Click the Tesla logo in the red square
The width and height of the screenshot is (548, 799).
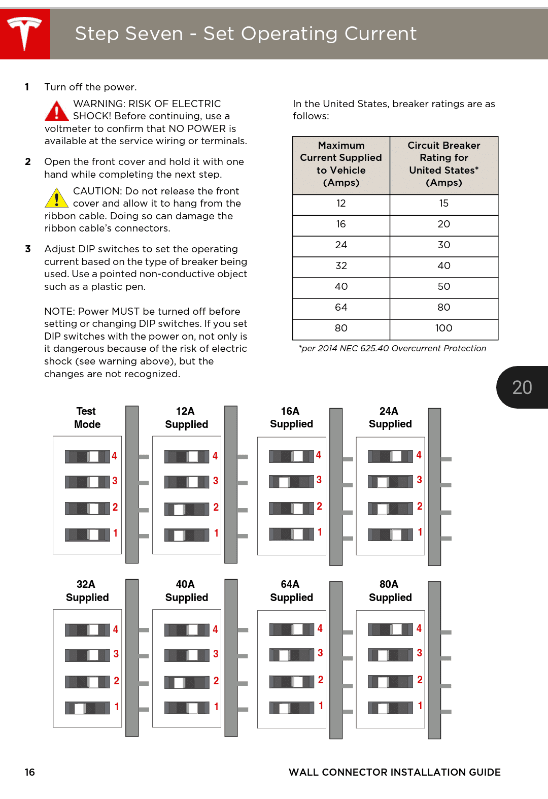click(x=24, y=34)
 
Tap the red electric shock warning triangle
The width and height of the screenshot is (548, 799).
click(x=56, y=111)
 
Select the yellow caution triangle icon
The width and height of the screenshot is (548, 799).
click(x=56, y=198)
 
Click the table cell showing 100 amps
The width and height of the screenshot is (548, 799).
click(x=443, y=328)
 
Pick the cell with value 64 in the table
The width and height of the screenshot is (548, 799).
click(x=341, y=308)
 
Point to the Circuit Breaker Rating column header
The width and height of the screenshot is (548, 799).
click(x=443, y=164)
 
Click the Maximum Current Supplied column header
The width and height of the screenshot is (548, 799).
click(x=341, y=164)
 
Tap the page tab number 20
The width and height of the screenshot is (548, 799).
click(x=522, y=387)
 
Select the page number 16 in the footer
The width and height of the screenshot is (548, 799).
click(x=30, y=772)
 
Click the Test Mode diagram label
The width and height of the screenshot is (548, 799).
click(x=87, y=418)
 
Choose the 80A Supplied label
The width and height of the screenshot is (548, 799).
click(x=390, y=591)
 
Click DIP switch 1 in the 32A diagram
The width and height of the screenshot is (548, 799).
click(x=87, y=708)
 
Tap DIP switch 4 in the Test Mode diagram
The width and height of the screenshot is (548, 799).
click(x=87, y=456)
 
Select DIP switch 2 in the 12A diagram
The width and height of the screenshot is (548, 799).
click(x=187, y=509)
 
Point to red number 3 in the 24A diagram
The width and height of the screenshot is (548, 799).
click(x=420, y=480)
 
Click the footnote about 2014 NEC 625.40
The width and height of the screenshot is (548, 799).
click(x=392, y=348)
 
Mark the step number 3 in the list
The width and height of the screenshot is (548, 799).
click(x=28, y=249)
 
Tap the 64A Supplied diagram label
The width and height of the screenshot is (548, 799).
click(x=291, y=591)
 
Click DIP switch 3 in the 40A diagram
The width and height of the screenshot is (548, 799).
click(x=187, y=655)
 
